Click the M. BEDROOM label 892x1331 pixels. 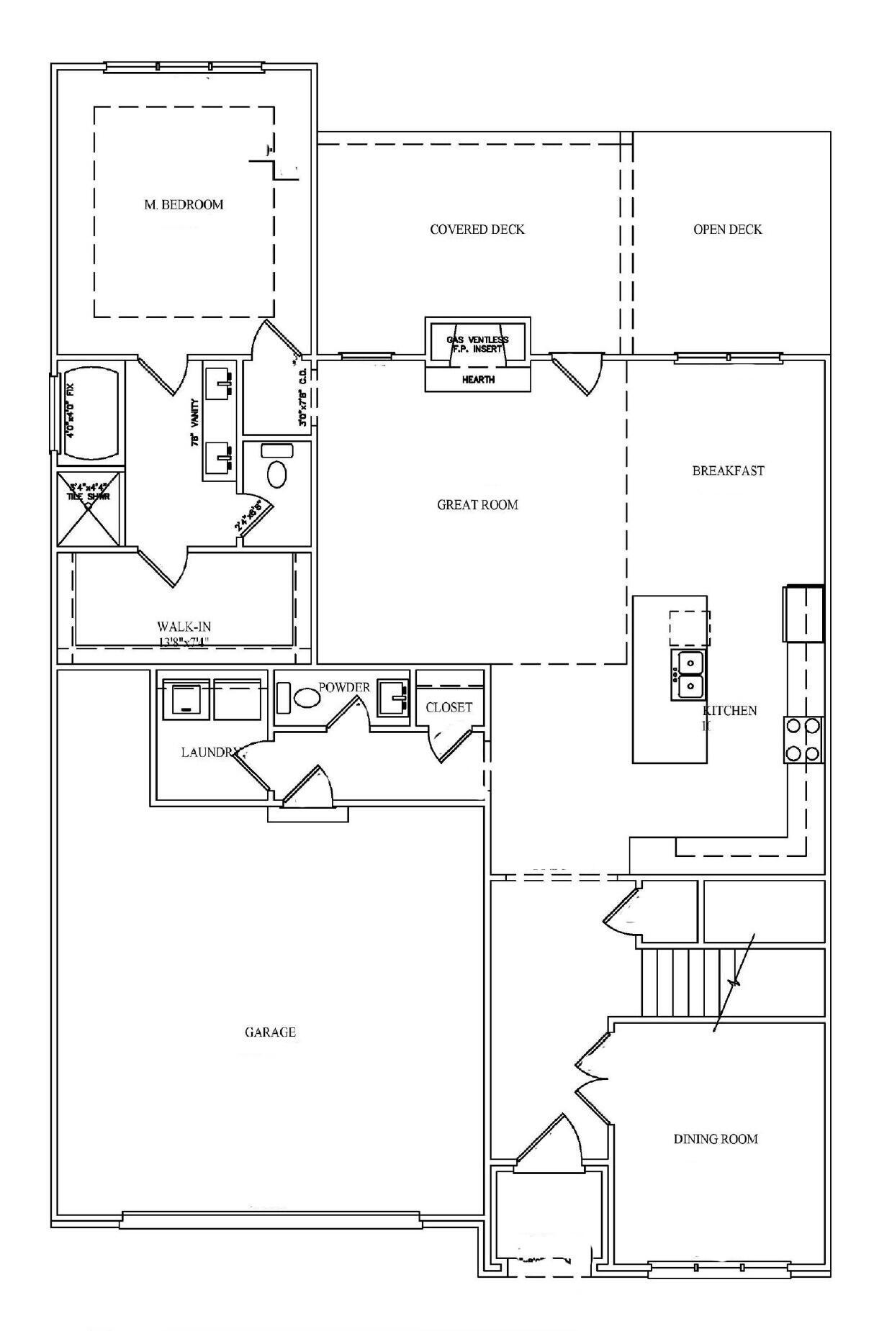(x=184, y=205)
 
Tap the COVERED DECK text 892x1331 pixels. (x=477, y=230)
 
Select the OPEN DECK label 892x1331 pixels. (x=727, y=230)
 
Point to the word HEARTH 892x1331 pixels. (x=478, y=380)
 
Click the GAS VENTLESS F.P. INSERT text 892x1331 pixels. (x=477, y=343)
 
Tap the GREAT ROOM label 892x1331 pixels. (x=477, y=505)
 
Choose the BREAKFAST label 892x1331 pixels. (x=728, y=471)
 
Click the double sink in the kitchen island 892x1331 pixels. (x=688, y=674)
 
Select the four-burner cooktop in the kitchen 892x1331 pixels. (x=803, y=740)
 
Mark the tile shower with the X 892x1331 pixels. (x=90, y=508)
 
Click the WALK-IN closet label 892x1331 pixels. (x=184, y=627)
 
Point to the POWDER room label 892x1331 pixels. (x=344, y=687)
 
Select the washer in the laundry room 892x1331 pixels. (x=186, y=699)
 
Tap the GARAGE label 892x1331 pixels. (x=270, y=1032)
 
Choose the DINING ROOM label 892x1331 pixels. (x=716, y=1139)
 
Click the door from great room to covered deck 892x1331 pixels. (x=576, y=372)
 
